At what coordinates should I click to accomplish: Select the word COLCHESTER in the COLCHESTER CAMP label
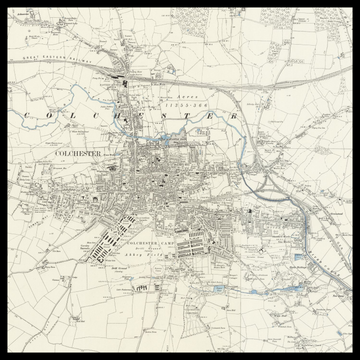[139, 243]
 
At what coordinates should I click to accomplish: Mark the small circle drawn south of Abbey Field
[143, 285]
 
